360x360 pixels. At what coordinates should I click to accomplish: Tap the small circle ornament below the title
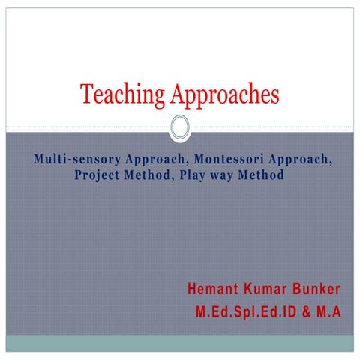[x=180, y=127]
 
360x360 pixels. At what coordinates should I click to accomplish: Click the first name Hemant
[x=214, y=289]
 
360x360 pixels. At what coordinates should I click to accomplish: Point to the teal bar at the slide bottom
[x=180, y=343]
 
